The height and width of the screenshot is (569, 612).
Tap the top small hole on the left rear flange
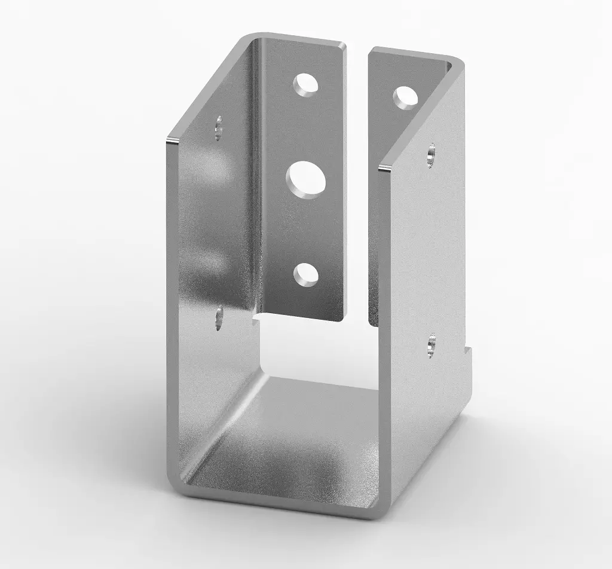point(306,84)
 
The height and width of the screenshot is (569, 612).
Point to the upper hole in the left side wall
point(219,127)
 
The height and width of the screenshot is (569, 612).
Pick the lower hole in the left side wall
point(219,317)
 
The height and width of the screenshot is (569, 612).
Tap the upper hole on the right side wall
point(432,155)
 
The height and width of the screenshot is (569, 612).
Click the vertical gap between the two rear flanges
point(357,179)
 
